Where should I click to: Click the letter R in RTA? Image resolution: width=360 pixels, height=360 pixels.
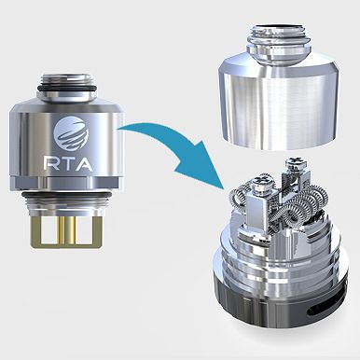click(x=49, y=164)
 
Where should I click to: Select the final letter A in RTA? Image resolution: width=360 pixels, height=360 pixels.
click(x=82, y=164)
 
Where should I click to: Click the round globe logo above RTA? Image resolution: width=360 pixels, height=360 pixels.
click(x=71, y=133)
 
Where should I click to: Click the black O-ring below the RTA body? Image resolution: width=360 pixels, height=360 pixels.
click(x=66, y=196)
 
